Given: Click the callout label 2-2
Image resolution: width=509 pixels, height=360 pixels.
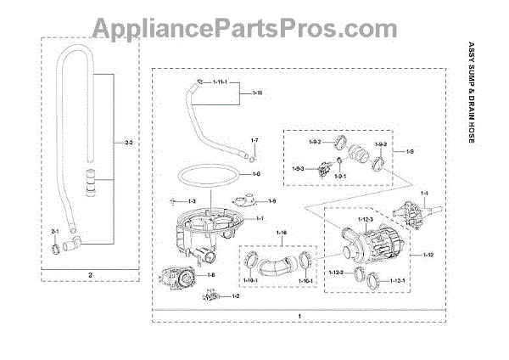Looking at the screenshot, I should pos(128,143).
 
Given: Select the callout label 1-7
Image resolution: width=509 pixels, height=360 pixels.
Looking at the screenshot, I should pos(254,138).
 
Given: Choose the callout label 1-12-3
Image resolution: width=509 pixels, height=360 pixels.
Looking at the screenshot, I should pos(364,221).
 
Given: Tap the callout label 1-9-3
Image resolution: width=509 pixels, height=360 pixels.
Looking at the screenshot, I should pos(298,169).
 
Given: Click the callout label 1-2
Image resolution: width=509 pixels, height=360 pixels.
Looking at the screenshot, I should pos(236,296).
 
